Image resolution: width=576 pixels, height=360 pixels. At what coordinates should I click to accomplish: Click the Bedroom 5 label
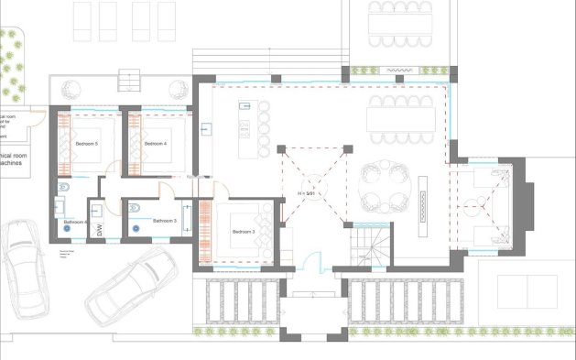click(x=87, y=145)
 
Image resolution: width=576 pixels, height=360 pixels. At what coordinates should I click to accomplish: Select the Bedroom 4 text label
click(x=157, y=145)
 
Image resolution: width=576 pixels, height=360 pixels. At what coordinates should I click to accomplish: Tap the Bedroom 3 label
click(x=243, y=232)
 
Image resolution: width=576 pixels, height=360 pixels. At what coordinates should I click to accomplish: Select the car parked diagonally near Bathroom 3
click(x=131, y=282)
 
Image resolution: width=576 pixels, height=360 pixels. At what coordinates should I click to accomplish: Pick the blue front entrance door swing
click(x=313, y=260)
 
